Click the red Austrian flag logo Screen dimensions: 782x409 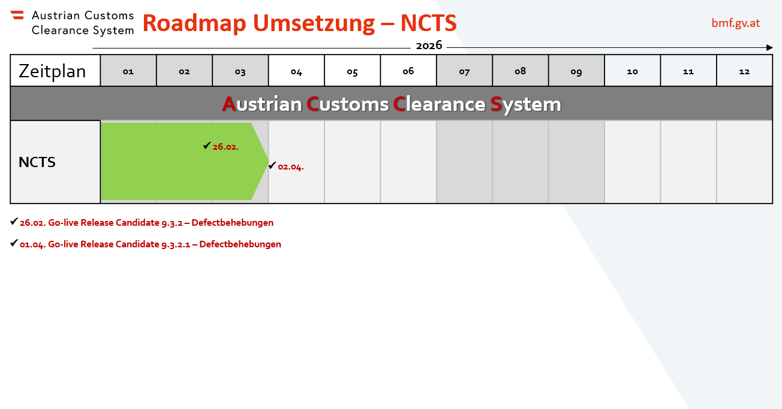(17, 15)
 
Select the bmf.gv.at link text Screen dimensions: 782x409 (736, 23)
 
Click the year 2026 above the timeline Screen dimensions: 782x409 (429, 46)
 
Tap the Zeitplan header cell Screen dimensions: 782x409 (55, 71)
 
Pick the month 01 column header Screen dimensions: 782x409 (128, 71)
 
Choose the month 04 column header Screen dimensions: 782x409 (296, 71)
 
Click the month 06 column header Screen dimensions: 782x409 (408, 71)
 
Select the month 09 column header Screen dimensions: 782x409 (576, 71)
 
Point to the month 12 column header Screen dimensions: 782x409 (744, 71)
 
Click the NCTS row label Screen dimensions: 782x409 (37, 162)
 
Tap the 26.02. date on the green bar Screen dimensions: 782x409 (225, 147)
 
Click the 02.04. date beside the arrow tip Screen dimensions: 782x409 (291, 167)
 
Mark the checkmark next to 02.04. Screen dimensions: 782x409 (272, 165)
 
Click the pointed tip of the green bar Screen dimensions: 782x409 (269, 161)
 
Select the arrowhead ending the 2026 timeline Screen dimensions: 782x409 (769, 47)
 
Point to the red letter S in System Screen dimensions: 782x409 (496, 104)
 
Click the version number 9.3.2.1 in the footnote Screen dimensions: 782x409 (176, 244)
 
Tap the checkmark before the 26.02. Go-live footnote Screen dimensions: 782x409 (14, 221)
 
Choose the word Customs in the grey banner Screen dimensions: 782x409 (347, 104)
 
